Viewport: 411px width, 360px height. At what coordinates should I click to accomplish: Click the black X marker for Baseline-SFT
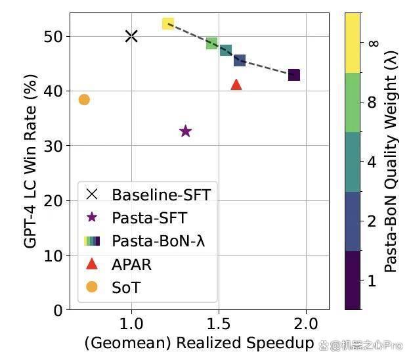(x=131, y=36)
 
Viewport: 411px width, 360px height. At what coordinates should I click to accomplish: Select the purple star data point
(x=186, y=131)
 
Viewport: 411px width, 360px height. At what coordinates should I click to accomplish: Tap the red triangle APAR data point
(x=236, y=85)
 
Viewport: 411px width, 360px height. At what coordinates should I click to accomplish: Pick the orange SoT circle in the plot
(x=84, y=100)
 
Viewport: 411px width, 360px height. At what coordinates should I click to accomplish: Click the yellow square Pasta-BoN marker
(x=168, y=24)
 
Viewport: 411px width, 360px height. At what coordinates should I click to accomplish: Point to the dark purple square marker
(x=294, y=75)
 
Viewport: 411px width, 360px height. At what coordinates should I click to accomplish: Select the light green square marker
(x=212, y=43)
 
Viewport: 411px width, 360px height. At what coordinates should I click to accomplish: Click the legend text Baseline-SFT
(x=162, y=195)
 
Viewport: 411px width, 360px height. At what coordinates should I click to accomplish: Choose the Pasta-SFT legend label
(x=150, y=218)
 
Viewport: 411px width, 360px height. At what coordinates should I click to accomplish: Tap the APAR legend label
(x=131, y=265)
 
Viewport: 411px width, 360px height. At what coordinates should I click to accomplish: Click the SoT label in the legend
(x=126, y=287)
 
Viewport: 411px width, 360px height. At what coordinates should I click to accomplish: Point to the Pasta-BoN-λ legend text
(x=159, y=240)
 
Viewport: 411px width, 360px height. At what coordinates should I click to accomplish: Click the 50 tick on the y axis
(x=53, y=36)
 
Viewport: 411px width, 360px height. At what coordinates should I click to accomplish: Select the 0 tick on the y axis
(x=58, y=311)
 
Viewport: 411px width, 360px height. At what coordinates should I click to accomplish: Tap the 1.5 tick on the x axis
(x=219, y=324)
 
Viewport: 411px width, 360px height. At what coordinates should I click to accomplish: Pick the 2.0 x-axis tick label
(x=306, y=324)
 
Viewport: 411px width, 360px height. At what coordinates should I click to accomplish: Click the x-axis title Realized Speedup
(x=245, y=343)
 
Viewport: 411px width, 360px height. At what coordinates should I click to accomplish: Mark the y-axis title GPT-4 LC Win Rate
(x=30, y=161)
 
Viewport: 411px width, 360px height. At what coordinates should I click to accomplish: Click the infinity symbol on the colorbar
(x=374, y=43)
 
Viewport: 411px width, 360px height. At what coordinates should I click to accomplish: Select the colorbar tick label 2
(x=372, y=221)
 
